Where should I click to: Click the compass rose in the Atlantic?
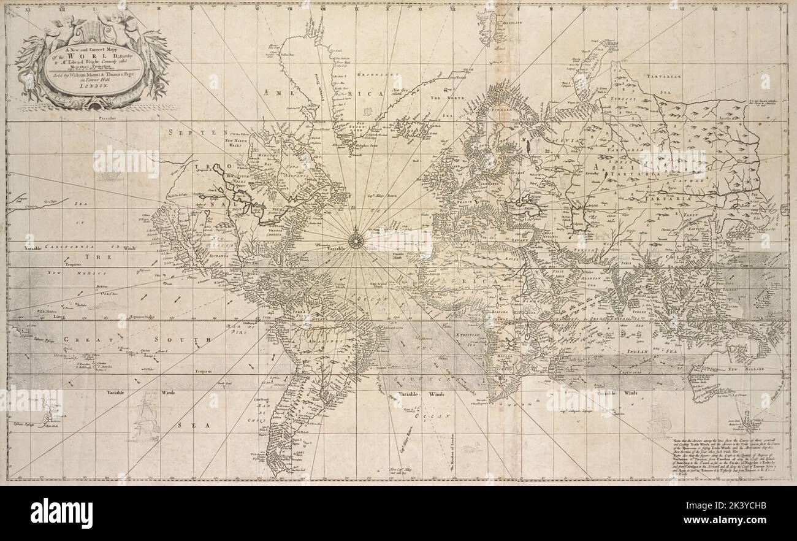[355, 239]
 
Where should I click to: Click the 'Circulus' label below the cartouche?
[107, 116]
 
